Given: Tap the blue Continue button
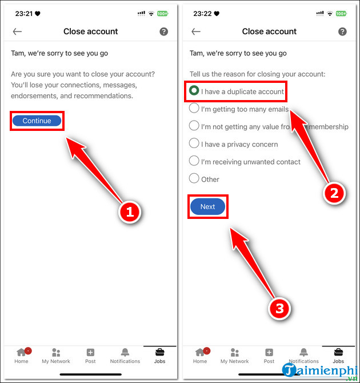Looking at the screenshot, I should coord(37,121).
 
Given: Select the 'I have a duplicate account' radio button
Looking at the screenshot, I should coord(194,91).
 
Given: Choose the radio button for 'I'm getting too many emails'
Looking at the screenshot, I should coord(194,109).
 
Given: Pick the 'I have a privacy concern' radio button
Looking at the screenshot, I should coord(194,143).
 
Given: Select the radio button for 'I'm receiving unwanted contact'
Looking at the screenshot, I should coord(194,161).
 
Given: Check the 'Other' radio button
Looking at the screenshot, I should coord(194,179).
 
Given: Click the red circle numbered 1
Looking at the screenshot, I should coord(130,212).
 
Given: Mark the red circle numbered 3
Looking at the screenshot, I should coord(279,309).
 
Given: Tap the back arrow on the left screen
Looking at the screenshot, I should coord(17,32).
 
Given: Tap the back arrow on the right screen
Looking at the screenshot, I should coord(196,32).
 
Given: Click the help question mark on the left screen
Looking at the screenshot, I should coord(164,32).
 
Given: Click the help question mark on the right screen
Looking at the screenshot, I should coord(342,32).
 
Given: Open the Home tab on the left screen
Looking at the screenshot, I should coord(22,355).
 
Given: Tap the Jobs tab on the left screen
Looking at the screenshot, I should coord(159,355).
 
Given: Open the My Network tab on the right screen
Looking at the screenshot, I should coord(234,355).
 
